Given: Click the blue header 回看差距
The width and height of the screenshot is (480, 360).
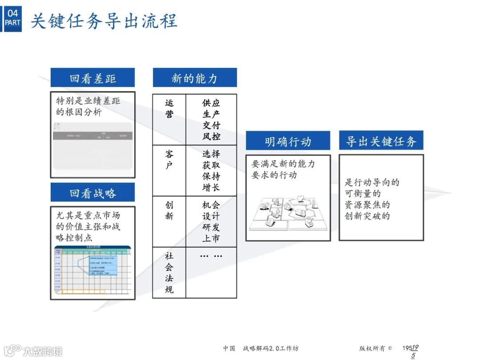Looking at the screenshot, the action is (92, 78).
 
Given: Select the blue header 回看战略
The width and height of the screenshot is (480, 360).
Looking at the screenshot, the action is (92, 193).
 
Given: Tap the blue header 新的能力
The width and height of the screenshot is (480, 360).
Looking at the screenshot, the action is (195, 78).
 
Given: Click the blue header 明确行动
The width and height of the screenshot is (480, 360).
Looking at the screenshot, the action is (288, 141).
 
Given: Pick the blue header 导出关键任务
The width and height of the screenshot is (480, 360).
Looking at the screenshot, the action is (381, 141).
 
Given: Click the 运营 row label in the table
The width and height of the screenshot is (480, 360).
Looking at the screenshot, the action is (169, 108).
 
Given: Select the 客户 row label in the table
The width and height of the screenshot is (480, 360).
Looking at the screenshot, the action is (169, 160).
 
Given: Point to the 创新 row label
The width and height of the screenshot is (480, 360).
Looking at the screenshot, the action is (169, 211).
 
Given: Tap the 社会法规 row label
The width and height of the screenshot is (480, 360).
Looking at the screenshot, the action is (169, 272).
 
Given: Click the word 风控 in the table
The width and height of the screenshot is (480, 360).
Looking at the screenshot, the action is (211, 136).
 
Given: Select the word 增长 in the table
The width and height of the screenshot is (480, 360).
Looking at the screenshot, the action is (211, 187).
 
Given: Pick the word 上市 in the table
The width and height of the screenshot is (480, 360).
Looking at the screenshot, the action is (211, 238).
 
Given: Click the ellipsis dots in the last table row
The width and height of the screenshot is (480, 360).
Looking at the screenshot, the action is (211, 256).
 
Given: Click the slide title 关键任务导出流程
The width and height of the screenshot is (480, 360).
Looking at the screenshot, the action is (104, 21).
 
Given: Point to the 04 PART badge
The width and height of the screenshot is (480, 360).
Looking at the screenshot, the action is (12, 18).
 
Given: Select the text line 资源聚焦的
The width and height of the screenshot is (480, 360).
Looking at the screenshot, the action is (367, 205).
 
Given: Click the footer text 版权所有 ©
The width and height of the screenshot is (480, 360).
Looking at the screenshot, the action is (376, 348).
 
